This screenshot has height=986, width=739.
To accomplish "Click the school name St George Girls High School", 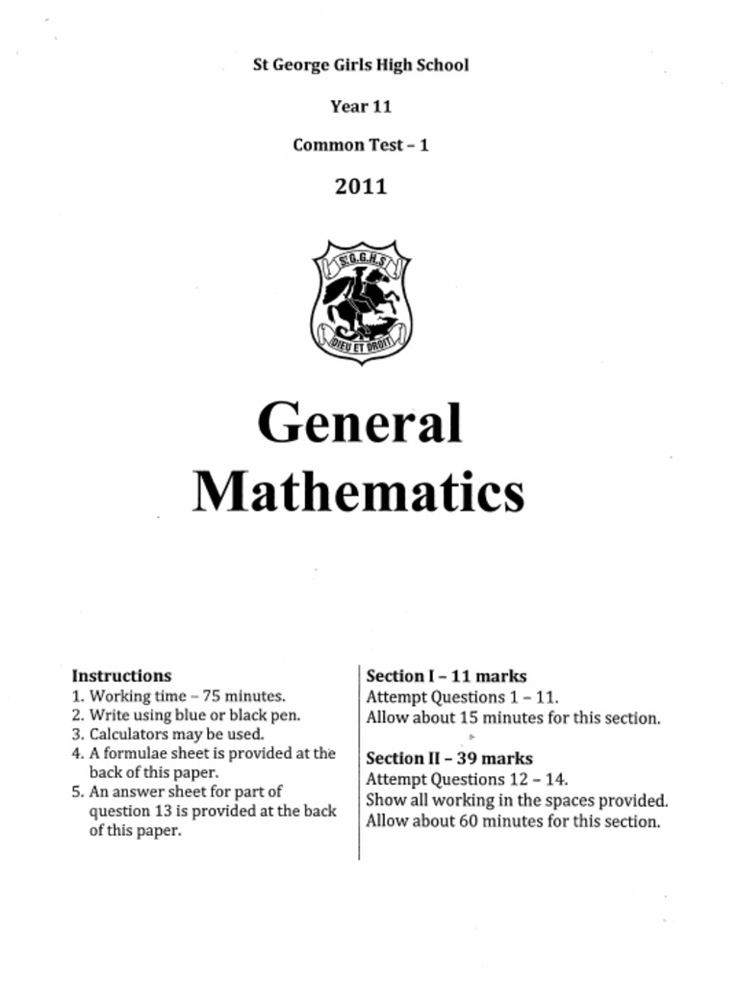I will click(361, 65).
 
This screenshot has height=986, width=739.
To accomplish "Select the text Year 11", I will click(361, 106).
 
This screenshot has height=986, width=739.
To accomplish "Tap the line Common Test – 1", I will click(361, 145).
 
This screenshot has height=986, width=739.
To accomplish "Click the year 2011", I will click(361, 187).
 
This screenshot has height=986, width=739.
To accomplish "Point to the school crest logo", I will click(361, 300).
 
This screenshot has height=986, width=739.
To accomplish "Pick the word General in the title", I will click(360, 424).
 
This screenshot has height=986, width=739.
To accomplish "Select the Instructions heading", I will click(121, 676).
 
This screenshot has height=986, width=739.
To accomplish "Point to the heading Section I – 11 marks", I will click(446, 676).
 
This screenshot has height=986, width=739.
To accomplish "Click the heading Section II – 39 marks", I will click(449, 759).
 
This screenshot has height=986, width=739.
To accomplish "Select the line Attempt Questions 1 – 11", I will click(462, 697).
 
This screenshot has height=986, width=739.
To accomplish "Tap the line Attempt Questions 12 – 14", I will click(466, 779).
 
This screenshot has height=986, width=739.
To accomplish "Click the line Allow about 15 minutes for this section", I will click(513, 718).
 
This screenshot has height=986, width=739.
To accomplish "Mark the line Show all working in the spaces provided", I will click(517, 800).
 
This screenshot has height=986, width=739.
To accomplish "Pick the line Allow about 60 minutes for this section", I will click(513, 822).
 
